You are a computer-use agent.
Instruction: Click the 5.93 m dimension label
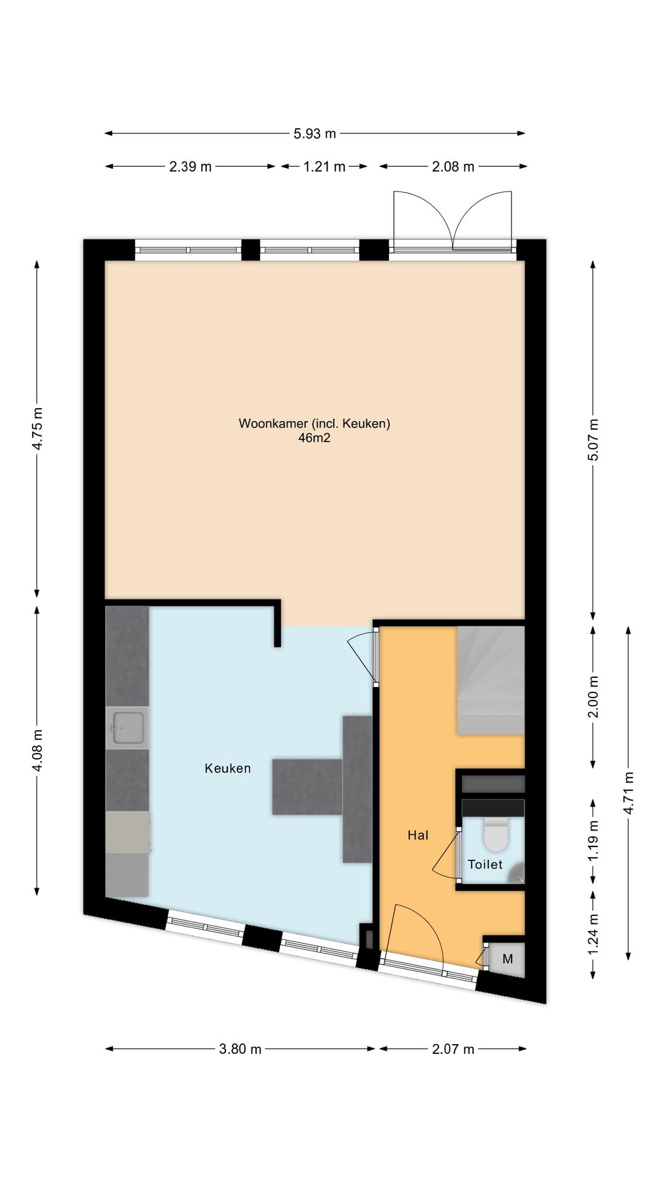tap(315, 133)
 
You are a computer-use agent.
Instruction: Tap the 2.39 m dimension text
tap(190, 166)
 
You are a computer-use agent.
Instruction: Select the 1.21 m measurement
tap(324, 166)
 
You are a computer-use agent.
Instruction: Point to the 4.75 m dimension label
tap(38, 428)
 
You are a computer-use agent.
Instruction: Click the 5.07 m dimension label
tap(592, 440)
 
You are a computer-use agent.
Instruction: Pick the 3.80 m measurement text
tap(240, 1049)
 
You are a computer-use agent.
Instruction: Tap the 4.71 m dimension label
tap(629, 793)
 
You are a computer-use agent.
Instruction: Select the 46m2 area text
tap(315, 438)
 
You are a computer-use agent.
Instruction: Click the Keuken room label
tap(228, 768)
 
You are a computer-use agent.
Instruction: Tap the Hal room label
tap(418, 835)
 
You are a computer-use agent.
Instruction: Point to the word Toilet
tap(485, 864)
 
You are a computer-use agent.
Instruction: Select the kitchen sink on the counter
tap(127, 728)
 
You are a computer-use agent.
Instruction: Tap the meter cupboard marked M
tap(507, 959)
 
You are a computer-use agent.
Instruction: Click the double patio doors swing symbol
tap(453, 219)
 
